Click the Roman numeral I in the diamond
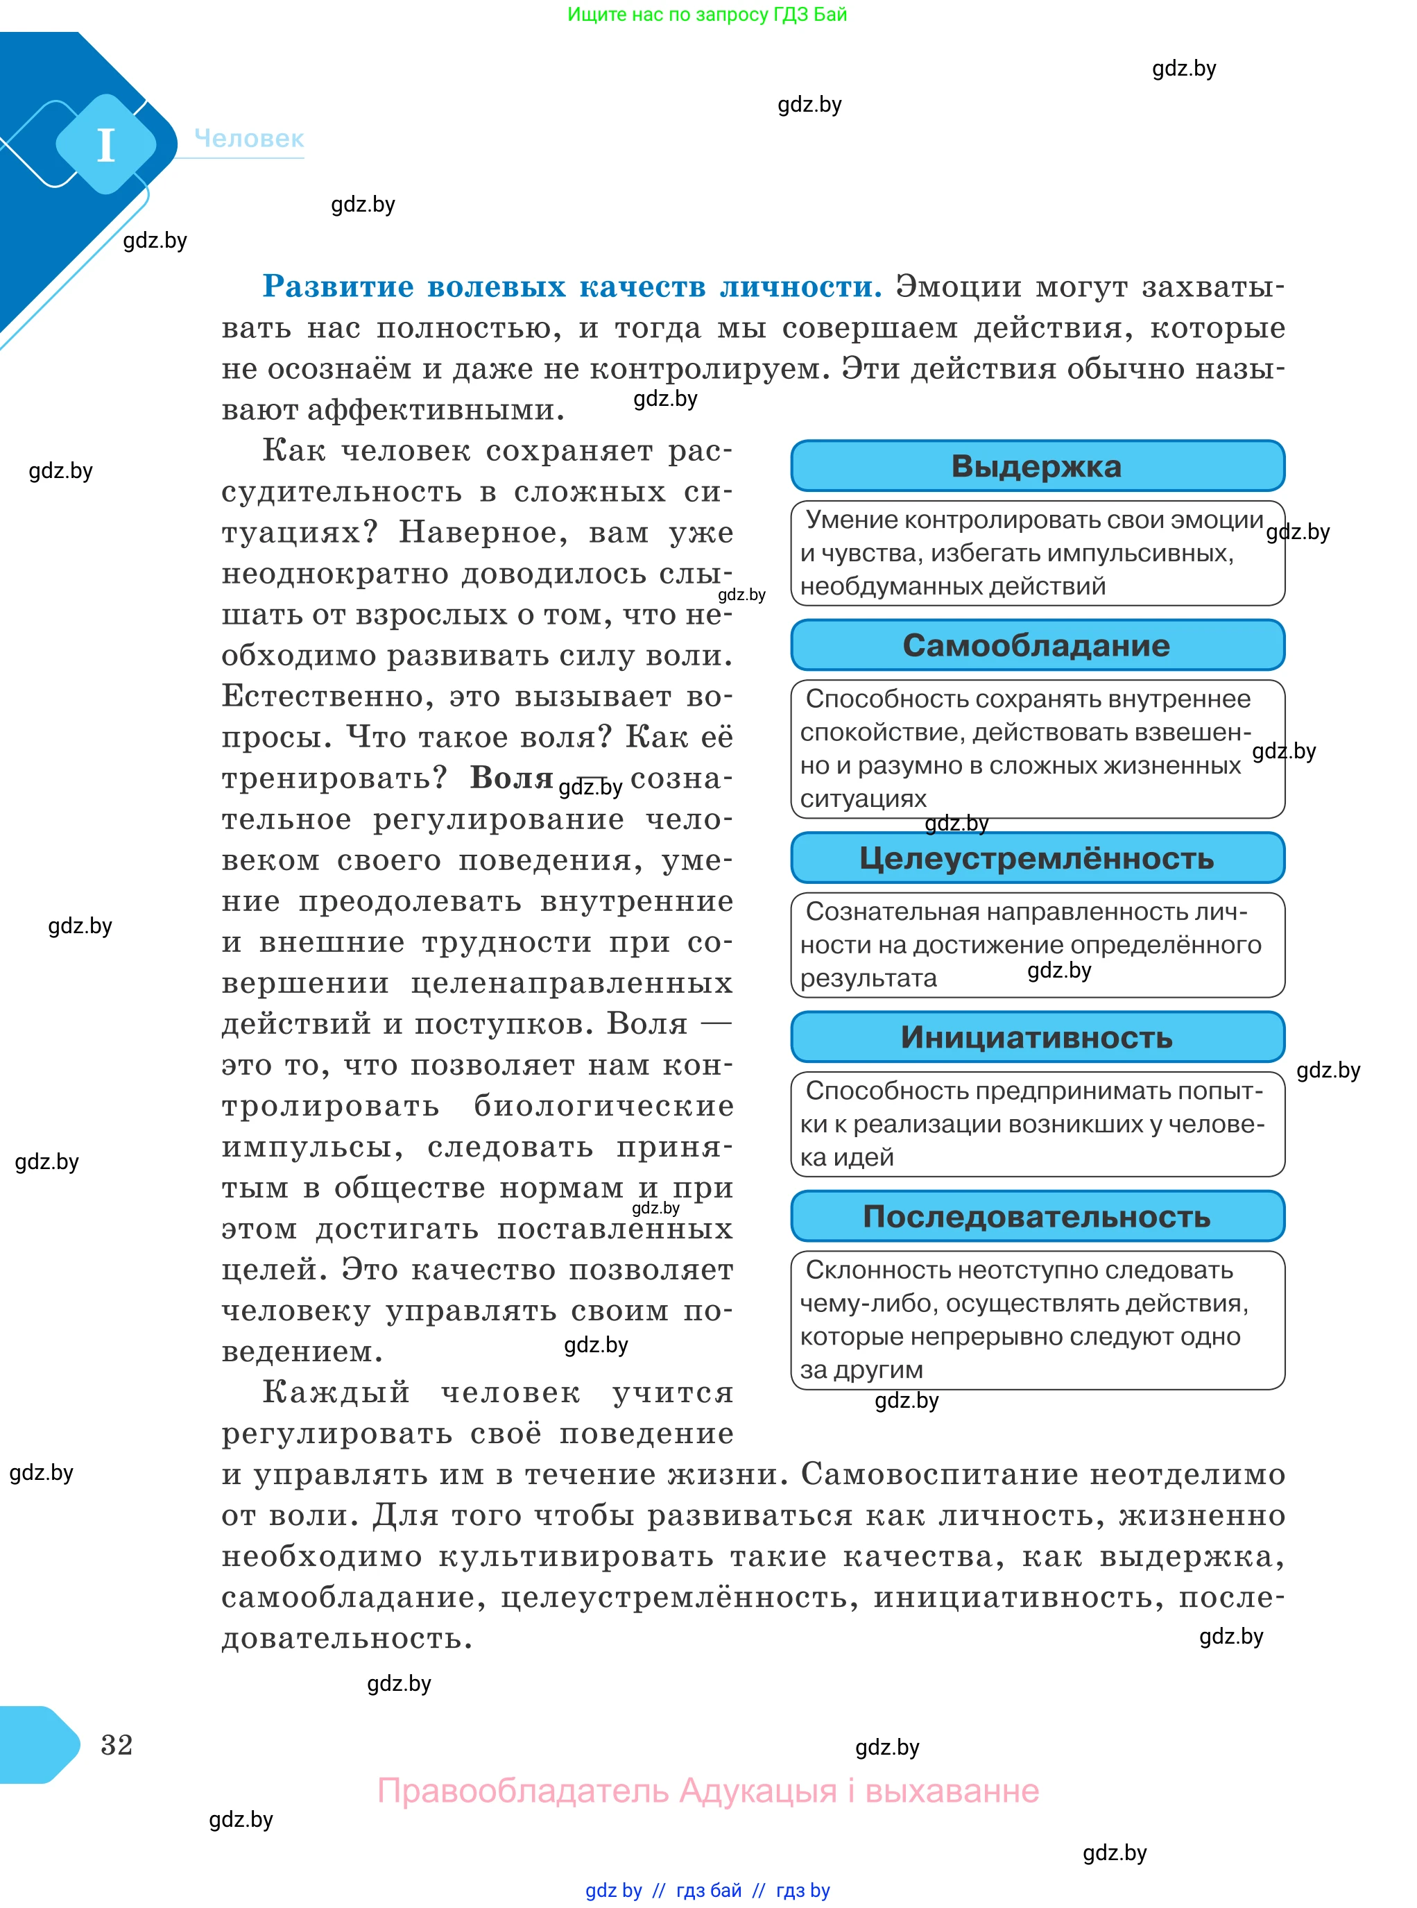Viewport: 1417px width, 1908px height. point(105,145)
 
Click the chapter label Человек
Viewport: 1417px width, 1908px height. point(249,138)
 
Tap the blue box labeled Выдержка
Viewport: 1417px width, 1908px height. point(1036,466)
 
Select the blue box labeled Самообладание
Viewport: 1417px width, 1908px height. point(1036,645)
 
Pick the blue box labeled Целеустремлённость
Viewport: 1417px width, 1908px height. point(1036,858)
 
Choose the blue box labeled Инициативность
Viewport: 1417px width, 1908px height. point(1036,1037)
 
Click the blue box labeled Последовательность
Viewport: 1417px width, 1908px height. point(1036,1216)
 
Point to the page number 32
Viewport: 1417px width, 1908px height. point(117,1744)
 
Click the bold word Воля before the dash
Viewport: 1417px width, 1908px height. point(511,777)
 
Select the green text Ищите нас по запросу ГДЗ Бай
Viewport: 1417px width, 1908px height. point(707,15)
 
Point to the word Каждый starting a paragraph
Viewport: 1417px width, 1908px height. point(336,1392)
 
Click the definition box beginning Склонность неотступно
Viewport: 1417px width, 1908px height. point(1036,1320)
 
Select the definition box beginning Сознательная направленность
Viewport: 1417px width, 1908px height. point(1036,944)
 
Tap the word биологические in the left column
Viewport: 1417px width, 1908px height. point(604,1106)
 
